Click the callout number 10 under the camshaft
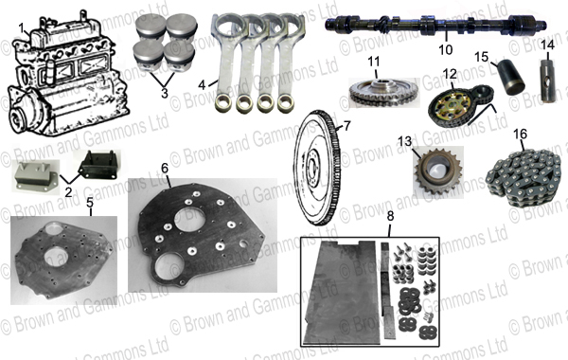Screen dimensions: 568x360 [446, 49]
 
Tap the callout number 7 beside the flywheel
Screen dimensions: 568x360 [347, 126]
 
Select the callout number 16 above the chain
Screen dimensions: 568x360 [520, 135]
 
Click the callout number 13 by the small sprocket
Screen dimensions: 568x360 [405, 141]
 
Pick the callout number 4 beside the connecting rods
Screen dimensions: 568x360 [202, 85]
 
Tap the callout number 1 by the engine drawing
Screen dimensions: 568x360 [22, 27]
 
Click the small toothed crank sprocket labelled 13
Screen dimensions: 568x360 [438, 171]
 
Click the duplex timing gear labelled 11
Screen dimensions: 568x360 [381, 91]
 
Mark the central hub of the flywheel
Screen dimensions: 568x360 [312, 168]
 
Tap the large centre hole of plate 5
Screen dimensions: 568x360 [56, 256]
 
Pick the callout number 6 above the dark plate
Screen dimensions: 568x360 [165, 168]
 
